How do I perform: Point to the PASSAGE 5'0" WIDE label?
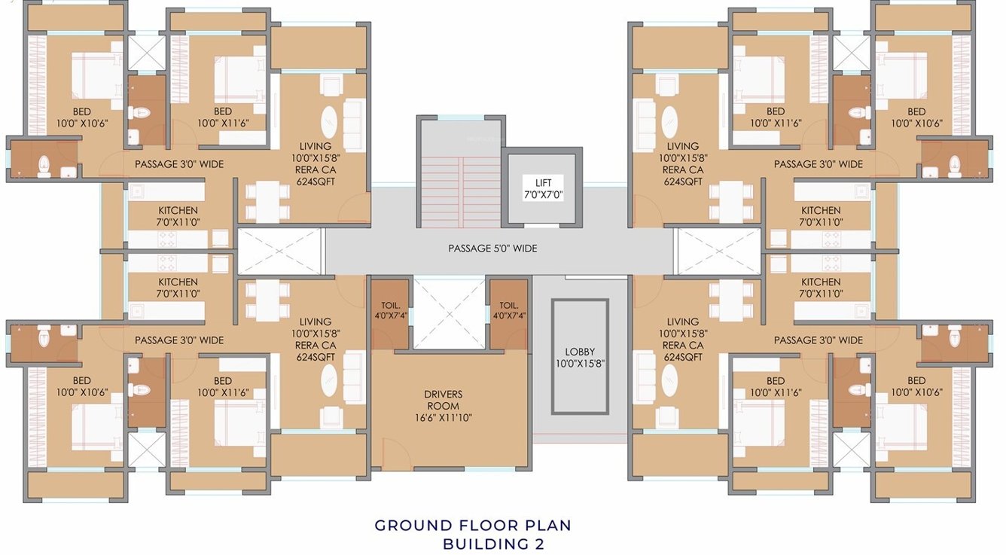point(492,248)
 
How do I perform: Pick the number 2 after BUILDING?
point(537,544)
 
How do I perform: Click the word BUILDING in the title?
point(481,544)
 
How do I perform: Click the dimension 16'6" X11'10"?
point(443,418)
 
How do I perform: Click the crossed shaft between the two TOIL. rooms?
point(449,313)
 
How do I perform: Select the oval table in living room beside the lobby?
point(669,380)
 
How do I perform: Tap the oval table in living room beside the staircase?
point(331,120)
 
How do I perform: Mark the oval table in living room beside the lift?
point(669,120)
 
